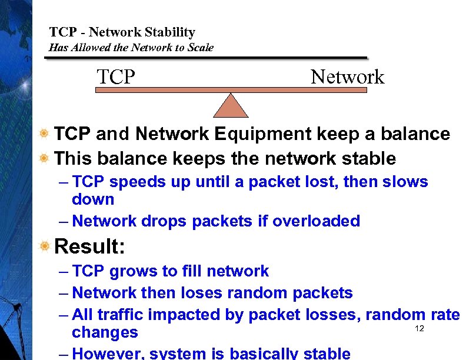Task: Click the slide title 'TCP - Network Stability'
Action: point(122,32)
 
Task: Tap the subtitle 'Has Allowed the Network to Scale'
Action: point(131,48)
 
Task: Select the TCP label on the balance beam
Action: point(116,77)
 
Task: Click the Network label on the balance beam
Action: point(347,77)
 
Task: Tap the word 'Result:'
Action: point(89,246)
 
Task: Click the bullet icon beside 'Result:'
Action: point(44,246)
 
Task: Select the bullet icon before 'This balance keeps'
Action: point(44,159)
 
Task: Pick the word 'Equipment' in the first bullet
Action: point(262,134)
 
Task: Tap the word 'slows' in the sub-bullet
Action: point(405,182)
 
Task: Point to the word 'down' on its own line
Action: point(93,199)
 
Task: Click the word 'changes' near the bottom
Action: point(105,332)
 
